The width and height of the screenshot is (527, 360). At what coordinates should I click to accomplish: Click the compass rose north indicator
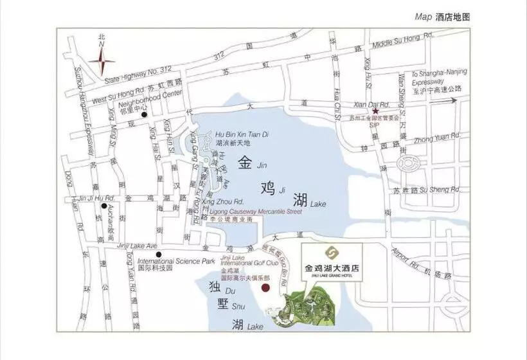coord(102,62)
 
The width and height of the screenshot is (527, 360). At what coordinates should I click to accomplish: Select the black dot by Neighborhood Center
coord(145,115)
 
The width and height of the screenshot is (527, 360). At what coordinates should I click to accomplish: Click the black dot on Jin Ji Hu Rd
coord(103,197)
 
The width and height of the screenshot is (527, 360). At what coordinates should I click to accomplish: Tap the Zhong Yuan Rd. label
coord(438,136)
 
